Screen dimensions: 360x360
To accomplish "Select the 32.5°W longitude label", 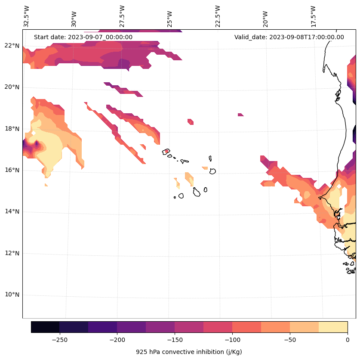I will tap(27, 16).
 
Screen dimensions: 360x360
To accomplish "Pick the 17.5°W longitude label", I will tap(314, 16).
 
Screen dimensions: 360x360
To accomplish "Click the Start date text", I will tap(83, 37).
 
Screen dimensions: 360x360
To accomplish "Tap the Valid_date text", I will tap(289, 37).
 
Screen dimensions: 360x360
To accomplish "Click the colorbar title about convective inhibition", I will tap(189, 352).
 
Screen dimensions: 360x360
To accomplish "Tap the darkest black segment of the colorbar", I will tap(45, 327).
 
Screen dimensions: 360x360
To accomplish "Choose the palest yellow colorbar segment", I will tap(333, 327).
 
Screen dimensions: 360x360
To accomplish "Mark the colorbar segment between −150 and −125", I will tap(189, 327).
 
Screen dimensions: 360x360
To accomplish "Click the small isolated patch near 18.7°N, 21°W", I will tap(240, 115).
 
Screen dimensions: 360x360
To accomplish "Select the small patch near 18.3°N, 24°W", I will tap(191, 121).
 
